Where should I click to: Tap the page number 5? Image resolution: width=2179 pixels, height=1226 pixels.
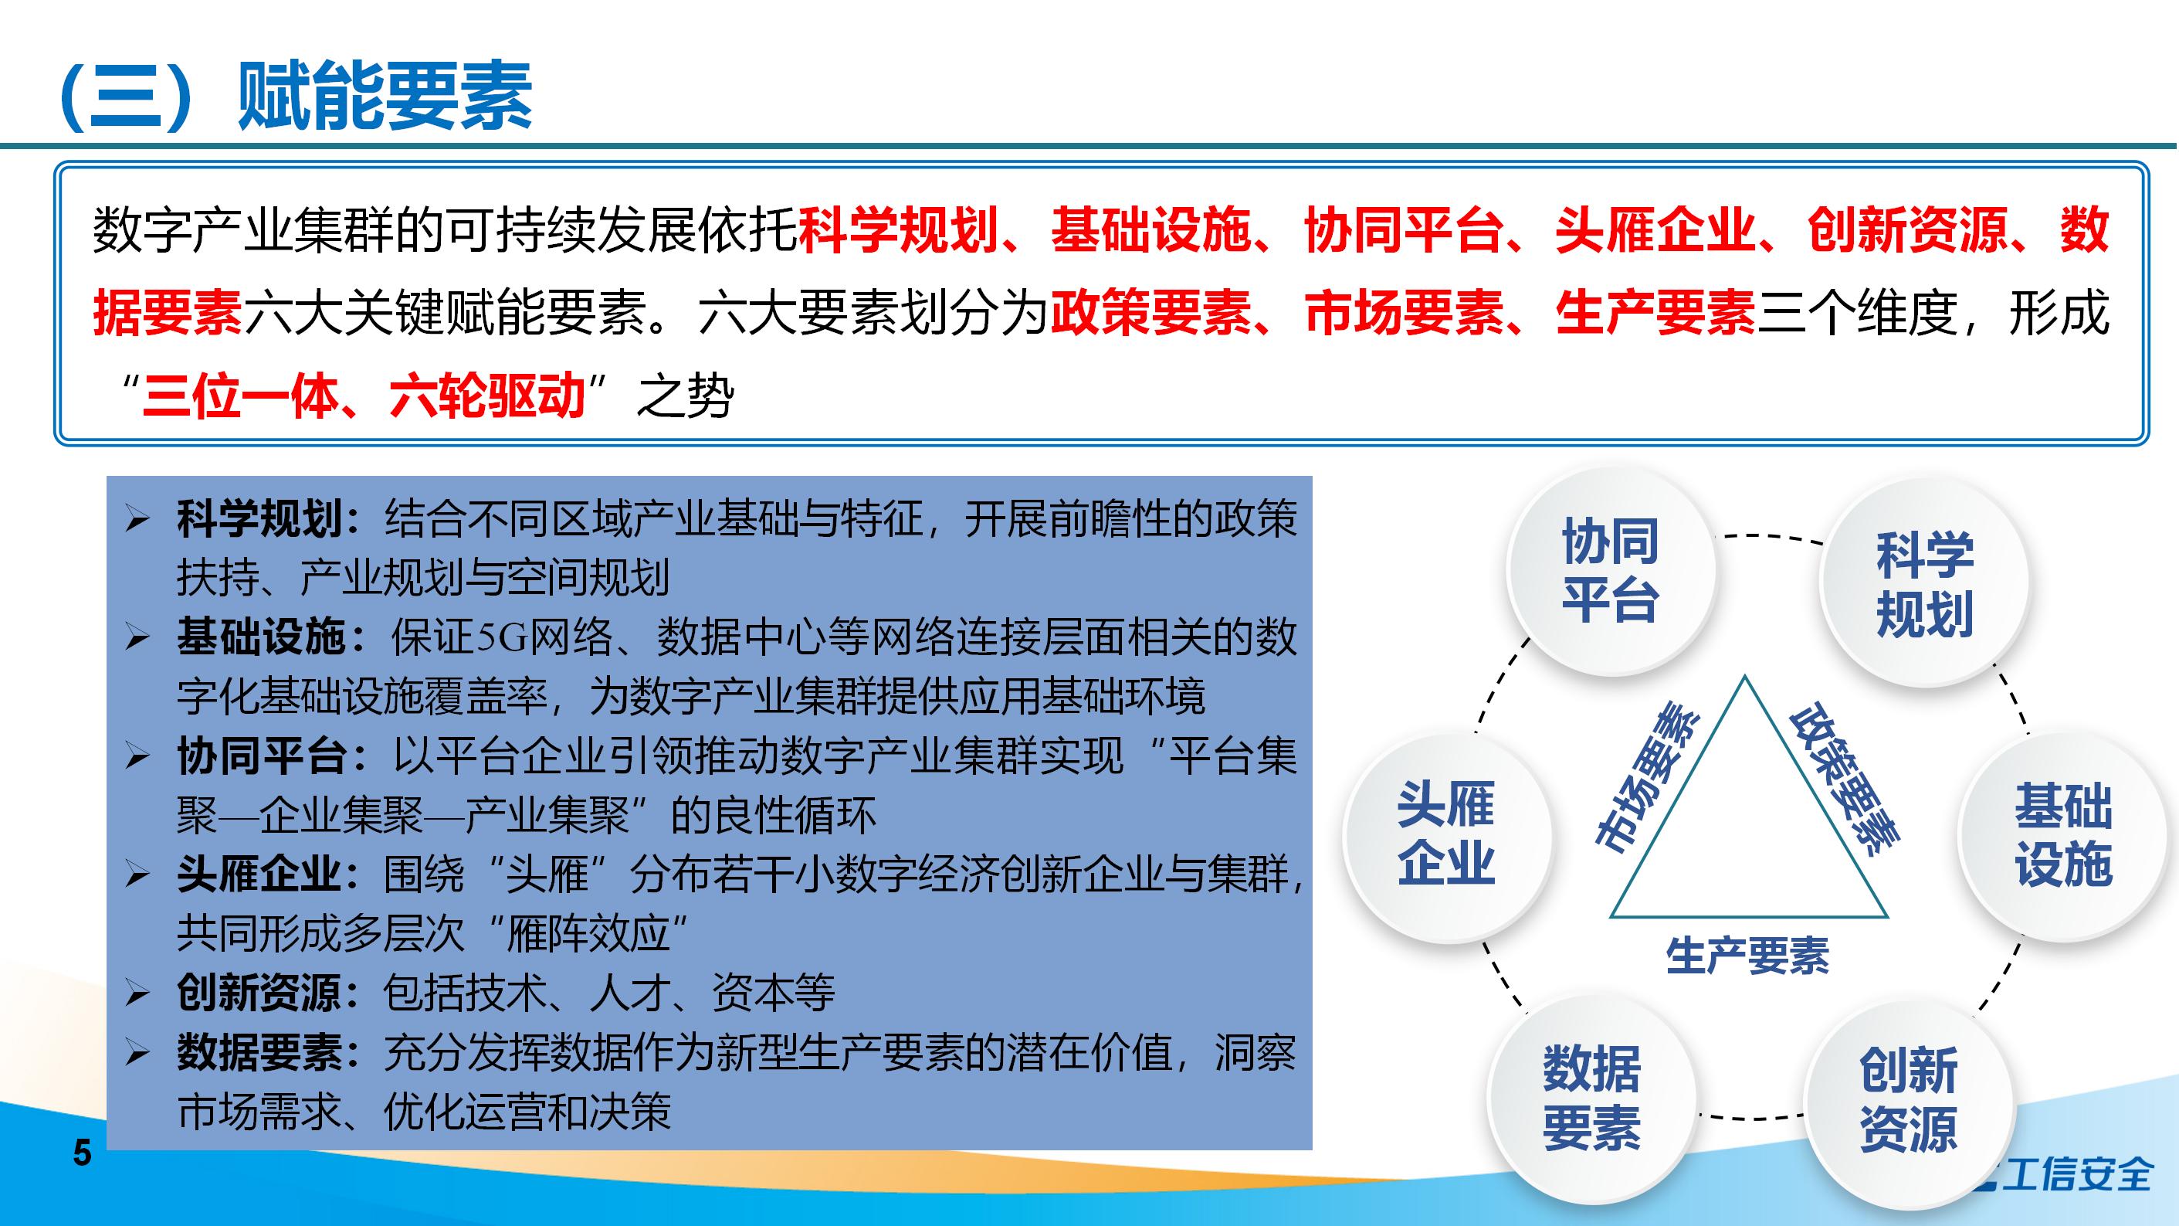click(82, 1153)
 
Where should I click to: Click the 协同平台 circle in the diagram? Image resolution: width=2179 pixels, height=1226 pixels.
click(1610, 570)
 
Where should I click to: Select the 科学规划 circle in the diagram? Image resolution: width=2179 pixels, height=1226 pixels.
click(1924, 583)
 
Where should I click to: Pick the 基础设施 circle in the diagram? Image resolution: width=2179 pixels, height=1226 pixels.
click(2064, 834)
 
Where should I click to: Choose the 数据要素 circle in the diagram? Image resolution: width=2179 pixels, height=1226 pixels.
click(1591, 1098)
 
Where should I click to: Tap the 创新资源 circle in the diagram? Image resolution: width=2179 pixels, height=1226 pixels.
click(1907, 1099)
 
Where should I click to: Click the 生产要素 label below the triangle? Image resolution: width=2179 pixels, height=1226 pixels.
click(1747, 956)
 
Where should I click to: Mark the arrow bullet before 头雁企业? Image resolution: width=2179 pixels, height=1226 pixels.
click(137, 875)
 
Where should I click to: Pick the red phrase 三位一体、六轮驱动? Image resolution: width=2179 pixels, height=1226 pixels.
click(364, 396)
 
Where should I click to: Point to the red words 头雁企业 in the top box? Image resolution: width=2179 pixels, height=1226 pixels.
click(1655, 229)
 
